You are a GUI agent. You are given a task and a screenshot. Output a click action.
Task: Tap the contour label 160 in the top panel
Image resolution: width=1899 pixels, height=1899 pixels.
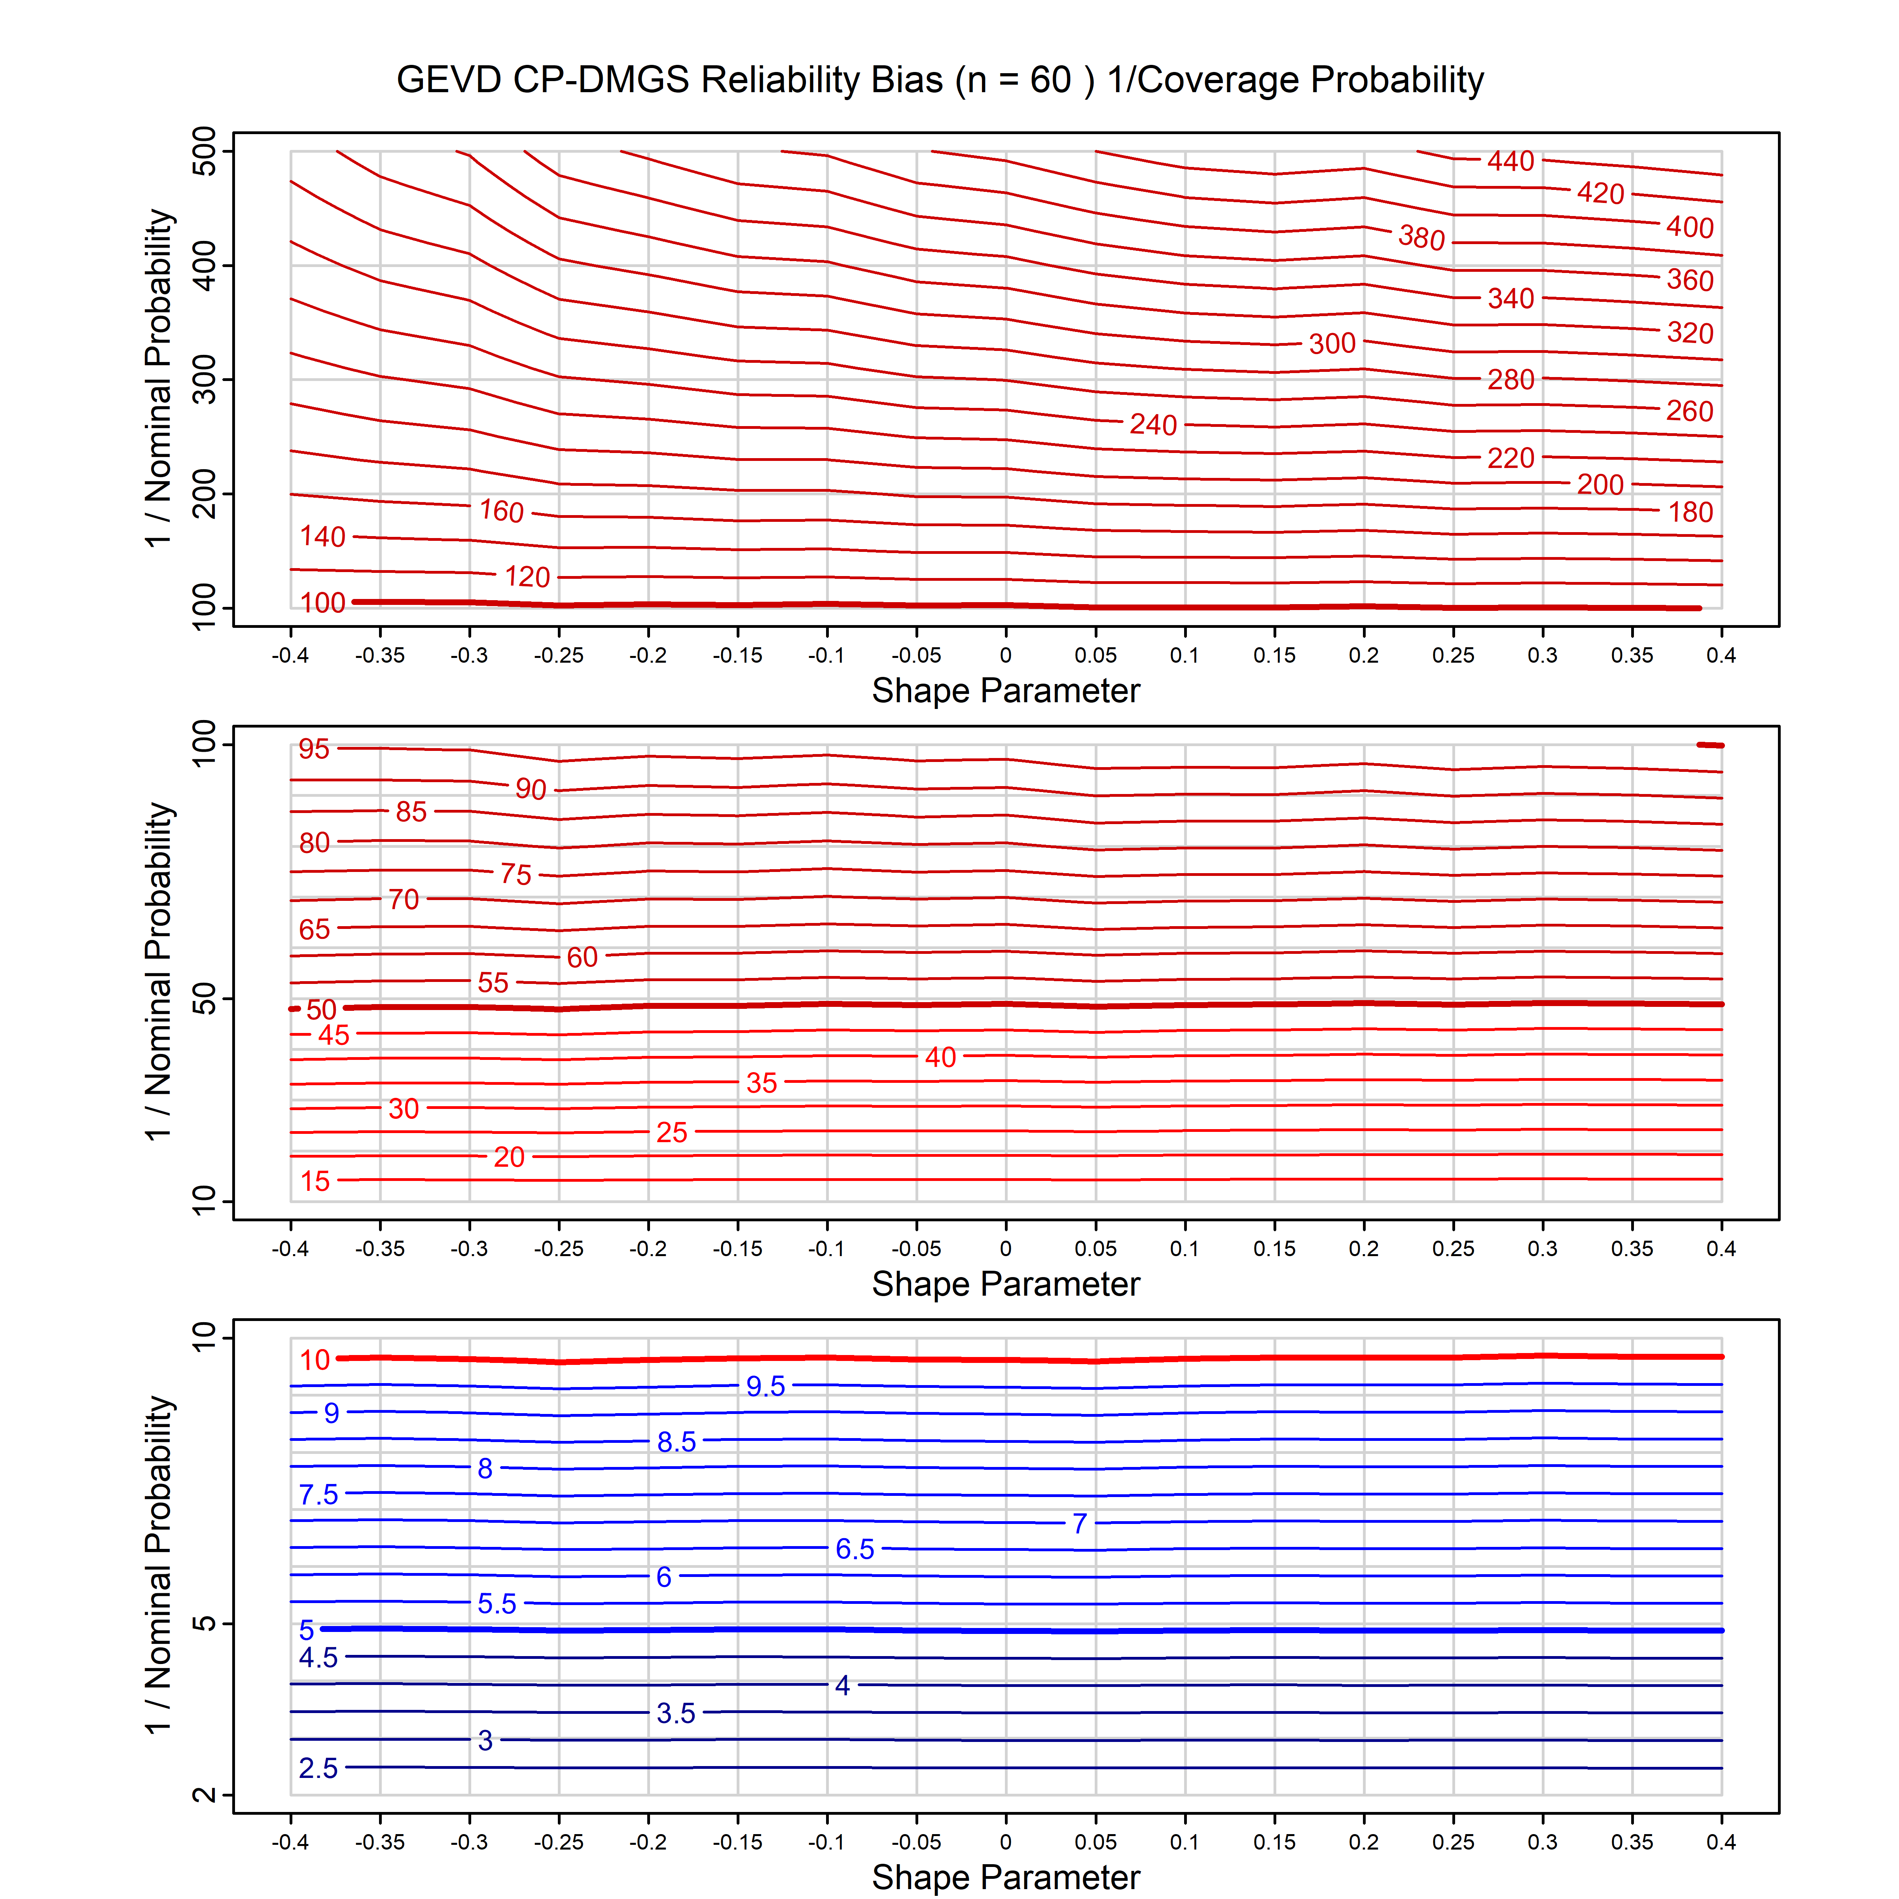(501, 511)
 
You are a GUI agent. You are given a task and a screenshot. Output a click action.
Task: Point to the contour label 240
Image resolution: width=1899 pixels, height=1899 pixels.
(1153, 425)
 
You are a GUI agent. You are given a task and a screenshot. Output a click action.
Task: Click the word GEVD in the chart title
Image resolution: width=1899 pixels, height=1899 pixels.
(448, 80)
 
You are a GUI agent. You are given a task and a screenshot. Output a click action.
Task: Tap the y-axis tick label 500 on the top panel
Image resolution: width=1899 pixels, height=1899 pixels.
(205, 152)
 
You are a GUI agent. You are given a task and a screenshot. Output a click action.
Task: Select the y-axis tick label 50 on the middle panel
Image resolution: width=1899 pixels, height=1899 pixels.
(205, 1000)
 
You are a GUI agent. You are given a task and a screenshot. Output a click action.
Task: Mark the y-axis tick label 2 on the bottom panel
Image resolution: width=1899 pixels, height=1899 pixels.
(205, 1795)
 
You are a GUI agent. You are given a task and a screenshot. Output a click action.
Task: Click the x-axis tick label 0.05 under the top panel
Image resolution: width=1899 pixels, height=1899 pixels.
(1095, 656)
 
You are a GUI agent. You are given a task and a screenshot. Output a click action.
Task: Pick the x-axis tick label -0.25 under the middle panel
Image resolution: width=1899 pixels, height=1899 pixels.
(558, 1249)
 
